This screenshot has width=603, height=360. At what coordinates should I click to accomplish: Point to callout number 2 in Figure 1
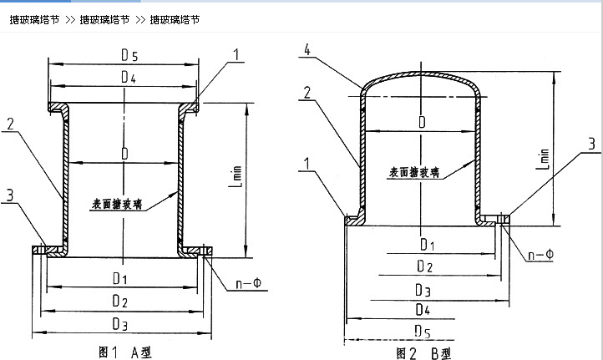pyautogui.click(x=11, y=124)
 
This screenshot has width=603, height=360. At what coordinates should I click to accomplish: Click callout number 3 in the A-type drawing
pyautogui.click(x=11, y=195)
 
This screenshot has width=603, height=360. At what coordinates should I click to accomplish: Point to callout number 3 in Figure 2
pyautogui.click(x=590, y=144)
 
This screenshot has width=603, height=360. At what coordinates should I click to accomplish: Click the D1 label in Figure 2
pyautogui.click(x=427, y=245)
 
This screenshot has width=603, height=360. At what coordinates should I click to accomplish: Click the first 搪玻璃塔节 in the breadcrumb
pyautogui.click(x=34, y=19)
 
